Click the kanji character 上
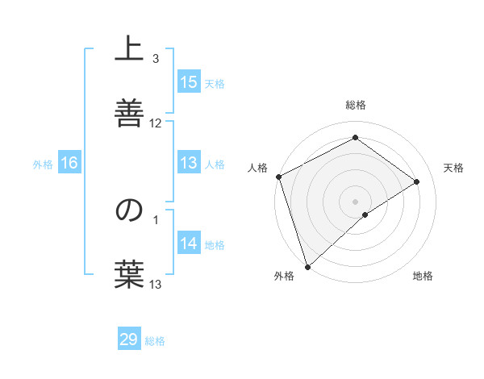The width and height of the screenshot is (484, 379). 129,50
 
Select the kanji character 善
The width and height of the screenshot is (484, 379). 129,110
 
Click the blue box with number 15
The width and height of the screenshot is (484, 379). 189,82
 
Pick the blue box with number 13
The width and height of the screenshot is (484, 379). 189,163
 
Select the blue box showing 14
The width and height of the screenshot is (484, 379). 189,244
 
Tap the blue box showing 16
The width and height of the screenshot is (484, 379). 69,163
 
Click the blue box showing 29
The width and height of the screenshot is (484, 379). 129,339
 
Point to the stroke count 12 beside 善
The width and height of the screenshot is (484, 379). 156,123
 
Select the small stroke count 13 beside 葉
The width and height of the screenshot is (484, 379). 156,284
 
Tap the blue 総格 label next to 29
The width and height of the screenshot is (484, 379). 155,341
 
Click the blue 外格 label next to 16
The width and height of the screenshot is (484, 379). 43,165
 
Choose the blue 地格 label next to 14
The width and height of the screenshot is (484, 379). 215,245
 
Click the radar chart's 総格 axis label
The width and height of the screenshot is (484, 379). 355,106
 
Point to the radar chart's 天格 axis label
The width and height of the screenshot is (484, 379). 453,168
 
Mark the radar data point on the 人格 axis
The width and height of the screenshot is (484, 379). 278,177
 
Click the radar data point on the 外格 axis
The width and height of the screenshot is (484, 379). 307,266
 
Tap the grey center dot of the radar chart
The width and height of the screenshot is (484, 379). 355,201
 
